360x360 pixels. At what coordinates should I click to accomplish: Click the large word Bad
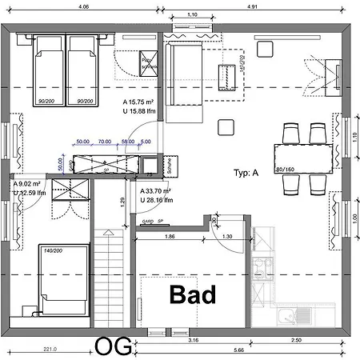[x=193, y=294]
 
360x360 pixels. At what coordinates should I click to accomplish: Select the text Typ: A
[x=246, y=173]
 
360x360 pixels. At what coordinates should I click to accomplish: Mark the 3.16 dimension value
[x=193, y=341]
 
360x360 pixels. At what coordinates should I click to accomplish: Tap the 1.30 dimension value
[x=227, y=237]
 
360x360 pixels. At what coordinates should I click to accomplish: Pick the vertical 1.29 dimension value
[x=122, y=204]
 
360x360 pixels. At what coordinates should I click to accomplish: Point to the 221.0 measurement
[x=50, y=350]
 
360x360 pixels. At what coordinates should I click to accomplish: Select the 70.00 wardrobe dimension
[x=105, y=142]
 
